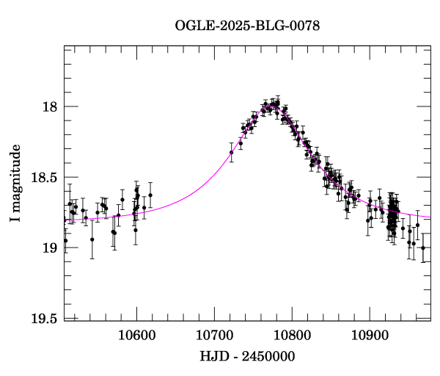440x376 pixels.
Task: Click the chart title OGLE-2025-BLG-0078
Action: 247,26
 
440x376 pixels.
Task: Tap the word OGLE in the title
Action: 192,26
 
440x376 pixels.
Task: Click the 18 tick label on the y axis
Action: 50,107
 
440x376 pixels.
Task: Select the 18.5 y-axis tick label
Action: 44,178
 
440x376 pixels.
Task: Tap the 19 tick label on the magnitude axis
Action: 50,248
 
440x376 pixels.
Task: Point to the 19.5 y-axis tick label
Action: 44,318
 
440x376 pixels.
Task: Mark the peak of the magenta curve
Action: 272,106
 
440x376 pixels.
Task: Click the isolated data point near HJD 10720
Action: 231,152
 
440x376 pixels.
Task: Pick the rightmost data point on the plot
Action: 422,248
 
